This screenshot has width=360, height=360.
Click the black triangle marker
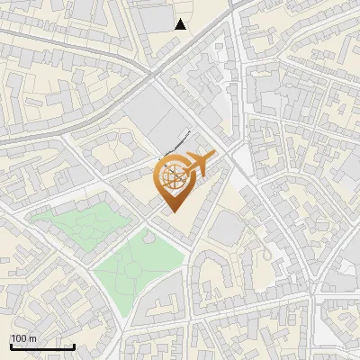tap(181, 24)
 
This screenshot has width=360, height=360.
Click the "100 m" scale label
tap(23, 338)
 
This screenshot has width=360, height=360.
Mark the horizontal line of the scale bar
tap(41, 346)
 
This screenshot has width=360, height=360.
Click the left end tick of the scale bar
tap(10, 345)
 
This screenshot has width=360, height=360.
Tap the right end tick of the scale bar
tap(74, 345)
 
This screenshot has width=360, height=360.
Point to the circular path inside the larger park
tap(132, 267)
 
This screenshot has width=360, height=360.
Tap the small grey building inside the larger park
tap(145, 238)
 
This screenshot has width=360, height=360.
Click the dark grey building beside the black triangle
tap(157, 17)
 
